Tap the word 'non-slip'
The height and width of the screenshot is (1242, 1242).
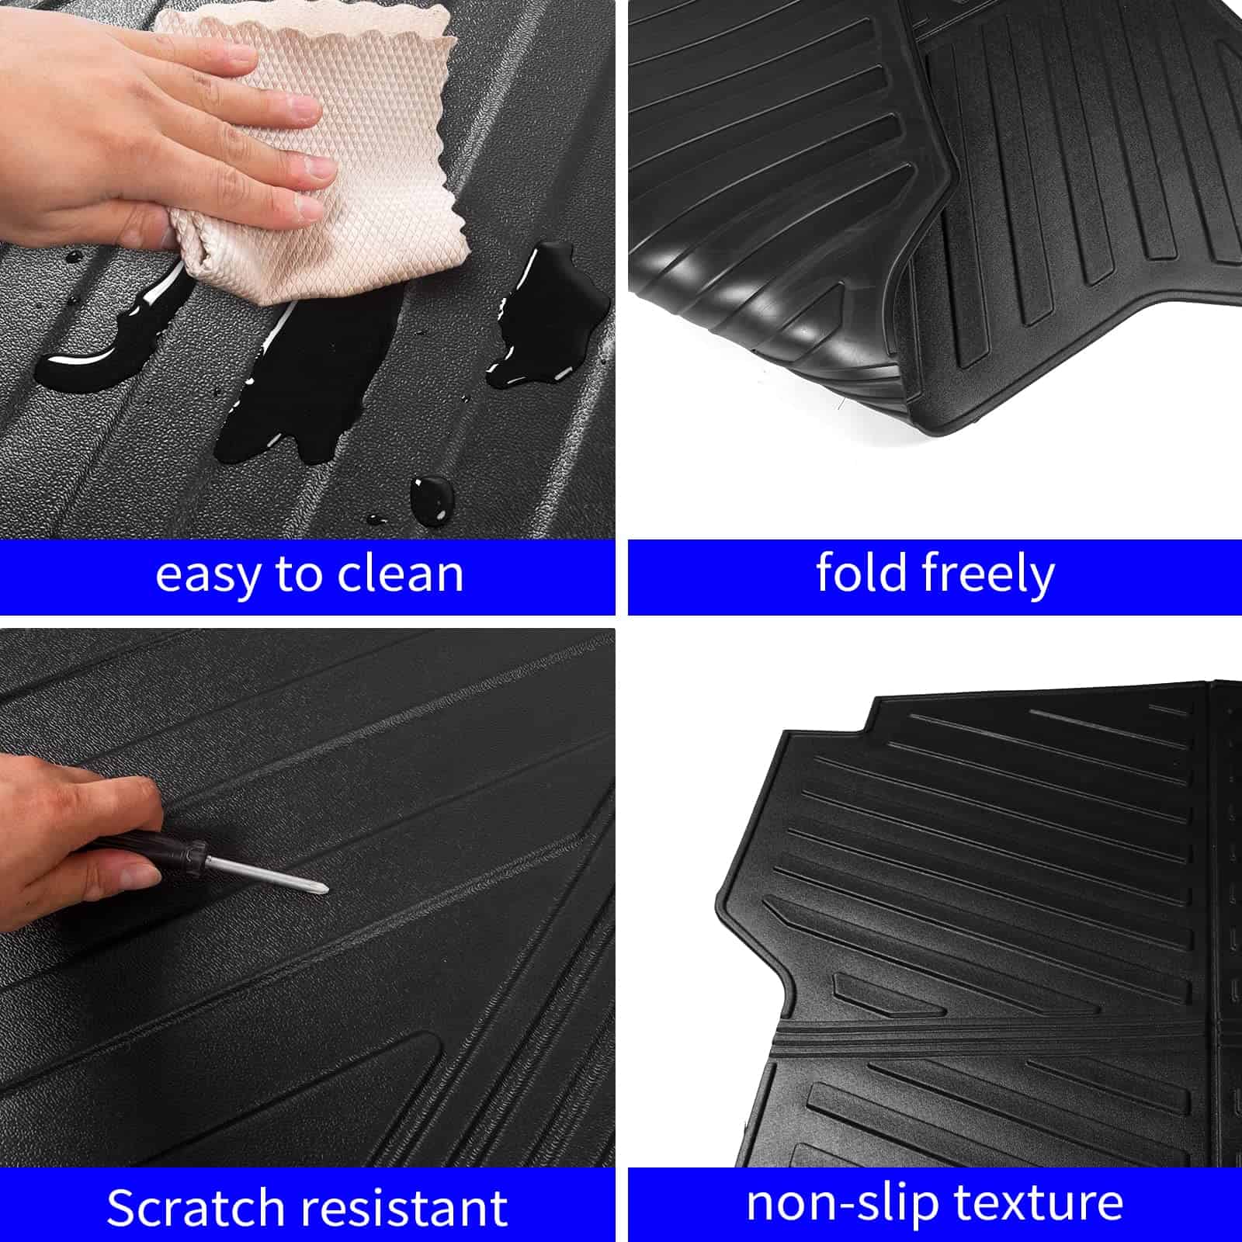pyautogui.click(x=841, y=1204)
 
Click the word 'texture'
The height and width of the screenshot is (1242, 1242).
pyautogui.click(x=1039, y=1202)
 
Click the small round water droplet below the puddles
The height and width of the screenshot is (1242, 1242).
pyautogui.click(x=432, y=497)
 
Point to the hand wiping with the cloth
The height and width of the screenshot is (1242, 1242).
pyautogui.click(x=155, y=132)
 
